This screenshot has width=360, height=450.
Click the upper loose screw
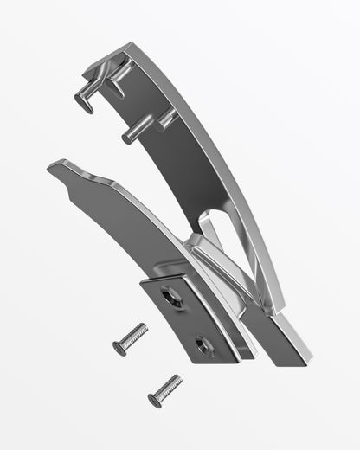[130, 338]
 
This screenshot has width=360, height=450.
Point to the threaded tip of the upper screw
[143, 328]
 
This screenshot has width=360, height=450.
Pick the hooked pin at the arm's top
[87, 102]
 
